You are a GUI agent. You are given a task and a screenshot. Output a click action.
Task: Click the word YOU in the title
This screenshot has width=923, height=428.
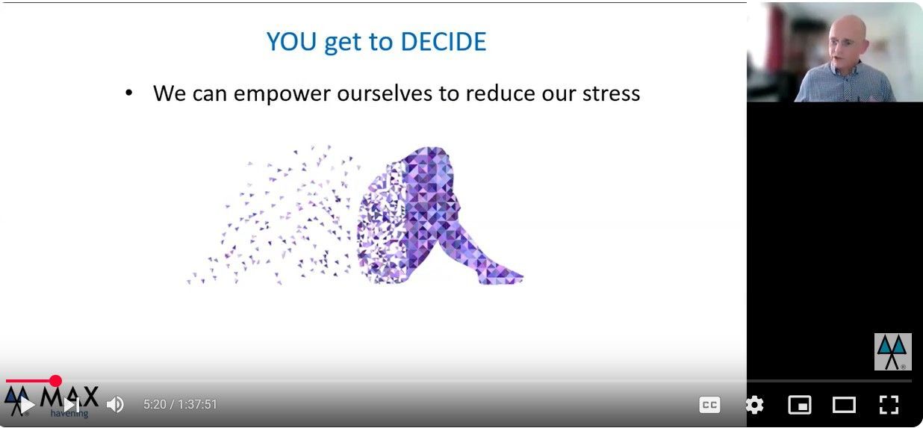[291, 42]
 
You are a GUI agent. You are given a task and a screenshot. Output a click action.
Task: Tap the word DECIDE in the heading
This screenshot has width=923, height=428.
[444, 42]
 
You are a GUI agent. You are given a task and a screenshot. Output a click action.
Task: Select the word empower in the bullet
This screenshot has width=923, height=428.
[282, 94]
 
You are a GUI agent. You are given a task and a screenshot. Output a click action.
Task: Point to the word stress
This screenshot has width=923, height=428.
[611, 93]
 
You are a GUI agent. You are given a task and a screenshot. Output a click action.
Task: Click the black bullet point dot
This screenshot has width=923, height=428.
[129, 93]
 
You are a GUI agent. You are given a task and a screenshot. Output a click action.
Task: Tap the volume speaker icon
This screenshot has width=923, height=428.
[115, 405]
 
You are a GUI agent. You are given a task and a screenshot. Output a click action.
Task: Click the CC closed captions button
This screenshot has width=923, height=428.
[709, 405]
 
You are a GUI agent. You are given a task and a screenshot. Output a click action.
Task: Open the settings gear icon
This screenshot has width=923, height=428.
[754, 405]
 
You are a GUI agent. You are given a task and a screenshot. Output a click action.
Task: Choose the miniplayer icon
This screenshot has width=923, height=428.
[800, 405]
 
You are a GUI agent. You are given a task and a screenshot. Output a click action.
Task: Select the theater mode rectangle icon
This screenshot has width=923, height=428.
[844, 405]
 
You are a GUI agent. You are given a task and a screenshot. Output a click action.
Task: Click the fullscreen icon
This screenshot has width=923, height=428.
[889, 405]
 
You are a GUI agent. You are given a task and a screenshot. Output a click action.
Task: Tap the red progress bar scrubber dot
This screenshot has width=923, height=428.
[55, 381]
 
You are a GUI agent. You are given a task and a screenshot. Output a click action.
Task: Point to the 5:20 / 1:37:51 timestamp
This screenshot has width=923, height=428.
[180, 405]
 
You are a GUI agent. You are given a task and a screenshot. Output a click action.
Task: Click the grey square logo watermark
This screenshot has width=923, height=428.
[893, 352]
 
